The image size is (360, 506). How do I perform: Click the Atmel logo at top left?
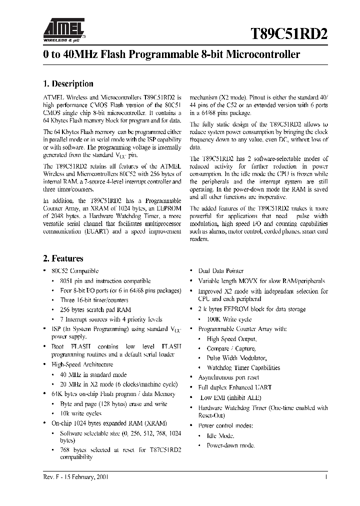tap(64, 28)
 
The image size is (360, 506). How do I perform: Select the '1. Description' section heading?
tap(68, 84)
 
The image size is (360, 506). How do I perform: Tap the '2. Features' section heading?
tap(63, 258)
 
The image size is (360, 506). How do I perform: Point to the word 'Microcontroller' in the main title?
tap(263, 54)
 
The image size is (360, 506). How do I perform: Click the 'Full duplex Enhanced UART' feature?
tap(234, 387)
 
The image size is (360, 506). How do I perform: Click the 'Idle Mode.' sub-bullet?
tap(220, 435)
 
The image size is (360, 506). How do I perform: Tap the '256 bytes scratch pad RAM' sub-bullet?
tap(94, 309)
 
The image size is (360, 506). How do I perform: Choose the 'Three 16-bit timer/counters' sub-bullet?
tap(94, 300)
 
